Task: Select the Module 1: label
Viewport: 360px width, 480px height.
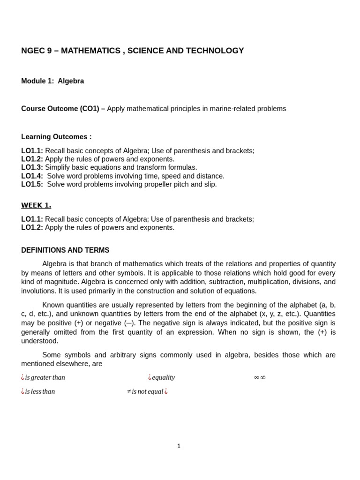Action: click(37, 81)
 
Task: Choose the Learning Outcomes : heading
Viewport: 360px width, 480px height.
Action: click(56, 137)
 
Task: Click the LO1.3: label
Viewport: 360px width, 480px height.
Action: click(32, 167)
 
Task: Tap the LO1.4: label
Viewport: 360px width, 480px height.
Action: click(32, 176)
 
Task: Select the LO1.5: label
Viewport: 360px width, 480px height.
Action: click(32, 184)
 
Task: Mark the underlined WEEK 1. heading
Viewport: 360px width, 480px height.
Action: click(36, 205)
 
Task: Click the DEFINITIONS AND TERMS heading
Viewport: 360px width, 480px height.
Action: click(65, 250)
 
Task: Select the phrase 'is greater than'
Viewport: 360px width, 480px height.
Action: click(45, 377)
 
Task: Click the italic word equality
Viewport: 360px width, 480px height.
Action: click(163, 377)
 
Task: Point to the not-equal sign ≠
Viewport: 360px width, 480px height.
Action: click(129, 391)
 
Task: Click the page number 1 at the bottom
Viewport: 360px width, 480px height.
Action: click(179, 446)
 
